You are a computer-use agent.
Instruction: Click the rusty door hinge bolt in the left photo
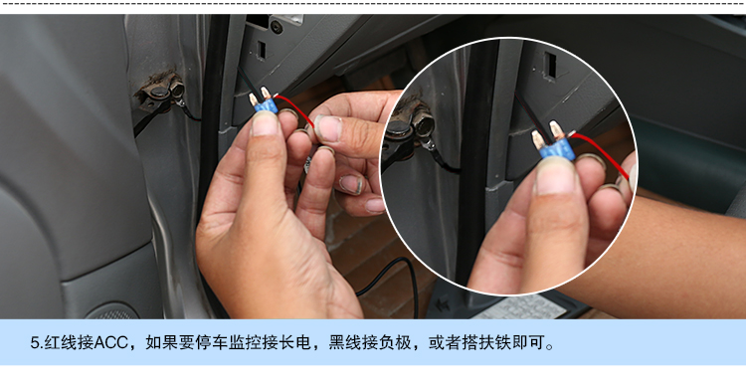[156, 93]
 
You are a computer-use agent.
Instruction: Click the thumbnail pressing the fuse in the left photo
[266, 123]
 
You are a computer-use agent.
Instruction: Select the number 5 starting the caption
[34, 344]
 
